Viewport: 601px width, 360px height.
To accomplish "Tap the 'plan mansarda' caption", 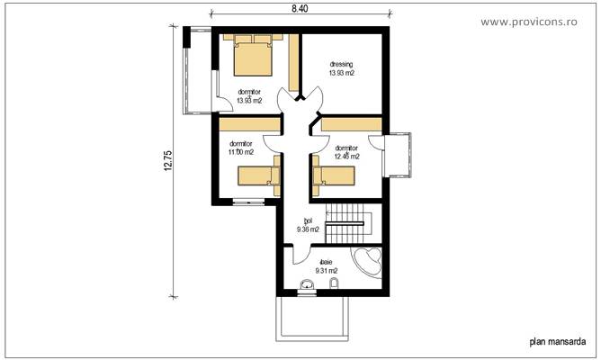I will coord(558,341).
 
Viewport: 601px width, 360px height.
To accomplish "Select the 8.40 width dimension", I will coord(300,8).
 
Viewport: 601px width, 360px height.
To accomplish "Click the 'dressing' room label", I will coord(341,65).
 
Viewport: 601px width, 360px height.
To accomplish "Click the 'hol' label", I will coord(308,220).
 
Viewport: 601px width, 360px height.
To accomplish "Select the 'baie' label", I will coord(325,262).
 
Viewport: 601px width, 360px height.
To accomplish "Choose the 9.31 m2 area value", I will coord(326,271).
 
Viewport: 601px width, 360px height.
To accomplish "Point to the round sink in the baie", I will coord(307,286).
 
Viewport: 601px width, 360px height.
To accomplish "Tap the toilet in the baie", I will coord(335,285).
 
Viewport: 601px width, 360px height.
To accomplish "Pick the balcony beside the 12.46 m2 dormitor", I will coord(397,157).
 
